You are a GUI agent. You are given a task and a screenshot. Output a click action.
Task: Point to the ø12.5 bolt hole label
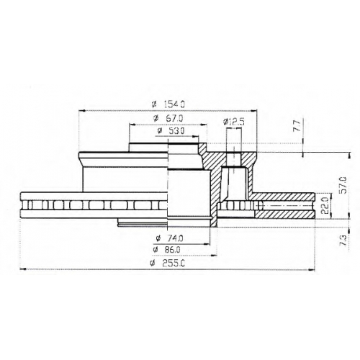pyautogui.click(x=233, y=122)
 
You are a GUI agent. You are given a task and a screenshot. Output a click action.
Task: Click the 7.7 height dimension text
pyautogui.click(x=297, y=126)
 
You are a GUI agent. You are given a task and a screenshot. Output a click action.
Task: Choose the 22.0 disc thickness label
pyautogui.click(x=325, y=205)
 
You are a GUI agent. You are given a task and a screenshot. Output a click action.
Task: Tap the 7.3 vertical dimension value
pyautogui.click(x=343, y=240)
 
